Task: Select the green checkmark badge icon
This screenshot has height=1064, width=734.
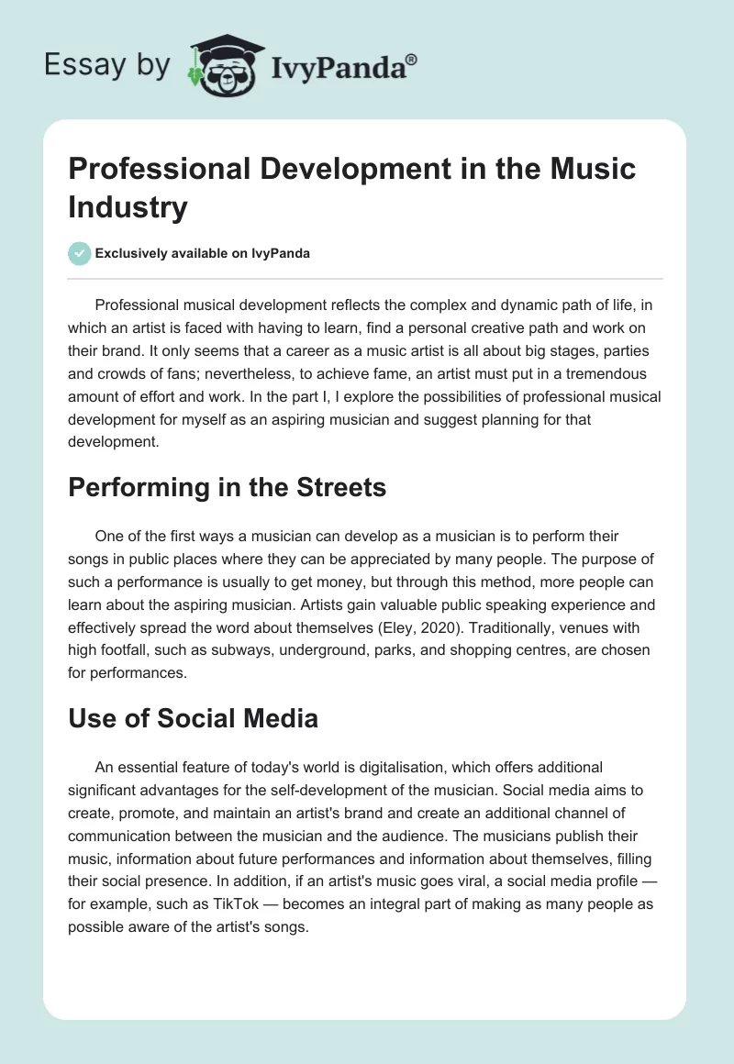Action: tap(79, 253)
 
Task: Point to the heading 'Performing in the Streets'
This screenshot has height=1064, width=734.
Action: tap(227, 488)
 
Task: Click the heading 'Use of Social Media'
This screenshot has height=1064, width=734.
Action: tap(193, 718)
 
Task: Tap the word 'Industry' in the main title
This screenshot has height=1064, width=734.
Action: tap(128, 207)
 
